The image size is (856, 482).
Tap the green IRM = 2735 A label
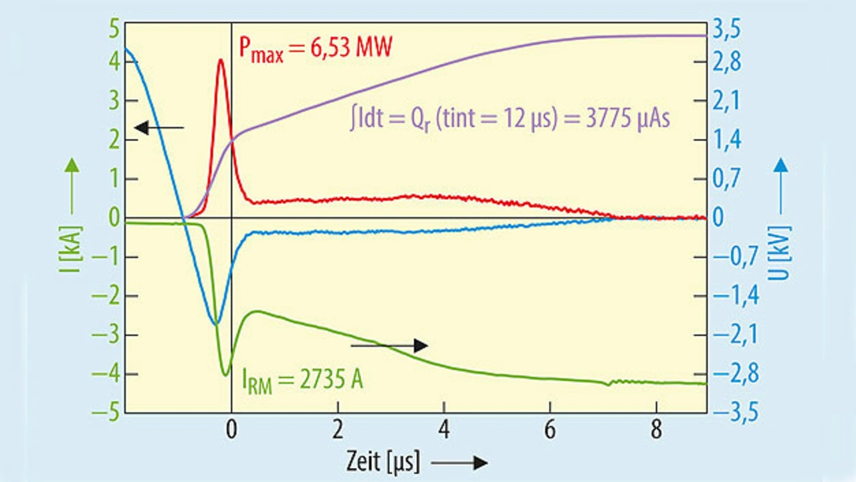302,382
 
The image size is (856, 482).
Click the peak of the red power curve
221,59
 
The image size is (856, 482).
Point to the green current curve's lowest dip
225,374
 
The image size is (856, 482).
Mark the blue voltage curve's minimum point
215,324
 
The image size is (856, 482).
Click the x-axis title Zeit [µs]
383,461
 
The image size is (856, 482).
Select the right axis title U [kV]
782,257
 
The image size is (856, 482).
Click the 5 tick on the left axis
113,29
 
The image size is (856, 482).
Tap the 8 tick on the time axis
655,430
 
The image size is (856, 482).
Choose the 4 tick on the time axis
443,430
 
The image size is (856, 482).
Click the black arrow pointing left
159,127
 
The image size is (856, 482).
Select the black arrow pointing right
389,345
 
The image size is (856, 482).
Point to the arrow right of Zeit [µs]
459,462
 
